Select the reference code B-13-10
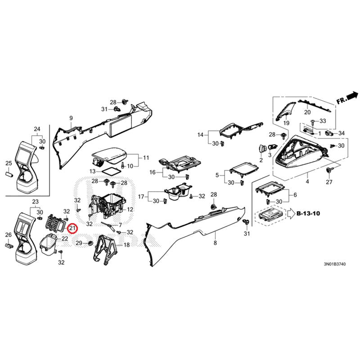(308, 213)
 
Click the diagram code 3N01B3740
(334, 264)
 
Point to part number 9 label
(71, 118)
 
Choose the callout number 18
(127, 245)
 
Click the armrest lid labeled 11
(109, 156)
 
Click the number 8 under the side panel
(215, 243)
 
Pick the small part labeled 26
(9, 246)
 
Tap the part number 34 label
(342, 133)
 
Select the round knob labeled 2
(262, 148)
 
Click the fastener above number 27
(329, 171)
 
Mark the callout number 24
(37, 129)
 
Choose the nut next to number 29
(90, 243)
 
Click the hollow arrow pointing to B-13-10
(291, 214)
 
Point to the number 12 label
(130, 210)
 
